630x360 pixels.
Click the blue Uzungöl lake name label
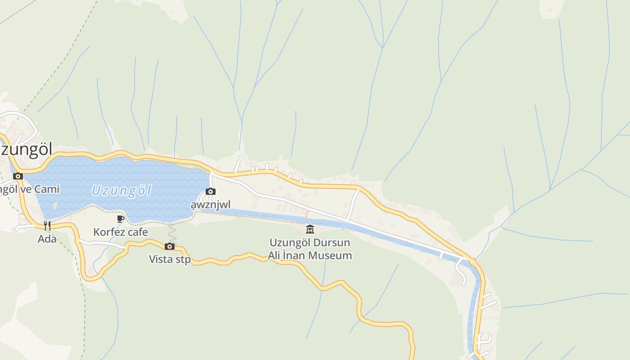click(121, 190)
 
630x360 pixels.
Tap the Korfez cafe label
click(120, 232)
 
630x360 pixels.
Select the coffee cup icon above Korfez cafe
click(120, 219)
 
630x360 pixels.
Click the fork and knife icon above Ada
click(47, 226)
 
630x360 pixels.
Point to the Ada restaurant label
click(47, 239)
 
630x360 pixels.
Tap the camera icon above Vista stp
click(170, 246)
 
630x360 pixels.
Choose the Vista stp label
click(170, 260)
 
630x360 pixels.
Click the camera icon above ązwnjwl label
click(210, 192)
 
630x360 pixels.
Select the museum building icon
click(310, 229)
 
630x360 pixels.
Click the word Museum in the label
click(332, 256)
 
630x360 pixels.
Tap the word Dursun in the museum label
click(332, 243)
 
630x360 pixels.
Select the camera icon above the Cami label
click(18, 176)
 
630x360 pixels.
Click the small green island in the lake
click(54, 205)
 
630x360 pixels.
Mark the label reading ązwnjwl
click(210, 205)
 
